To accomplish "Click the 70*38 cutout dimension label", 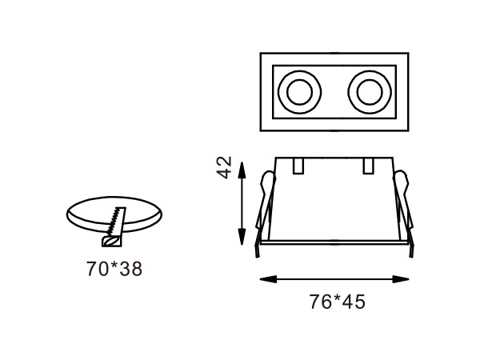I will [114, 269].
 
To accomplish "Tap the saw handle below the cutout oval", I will [110, 238].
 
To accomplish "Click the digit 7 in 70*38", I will [91, 269].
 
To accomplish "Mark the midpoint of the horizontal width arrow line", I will [336, 278].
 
